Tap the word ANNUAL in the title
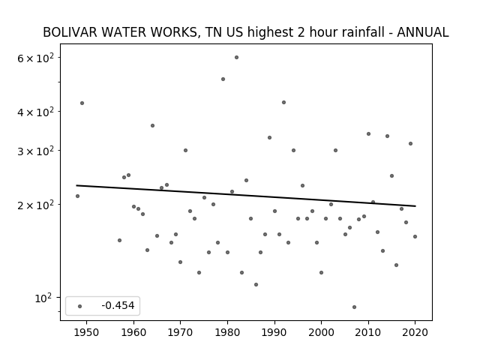tap(423, 32)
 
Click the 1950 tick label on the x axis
tap(86, 332)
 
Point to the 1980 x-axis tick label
tap(227, 332)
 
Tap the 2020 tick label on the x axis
tap(415, 332)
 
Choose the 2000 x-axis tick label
tap(321, 332)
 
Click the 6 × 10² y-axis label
tap(35, 58)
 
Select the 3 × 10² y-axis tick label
tap(35, 151)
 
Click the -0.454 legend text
tap(118, 305)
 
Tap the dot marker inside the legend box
tap(80, 306)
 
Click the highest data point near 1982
tap(237, 58)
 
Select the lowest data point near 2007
tap(354, 307)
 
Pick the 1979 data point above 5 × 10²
tap(223, 79)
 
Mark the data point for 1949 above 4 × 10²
tap(82, 103)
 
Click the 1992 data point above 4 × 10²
tap(283, 102)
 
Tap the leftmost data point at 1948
tap(77, 196)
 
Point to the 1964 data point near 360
tap(152, 125)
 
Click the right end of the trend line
tap(415, 206)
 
